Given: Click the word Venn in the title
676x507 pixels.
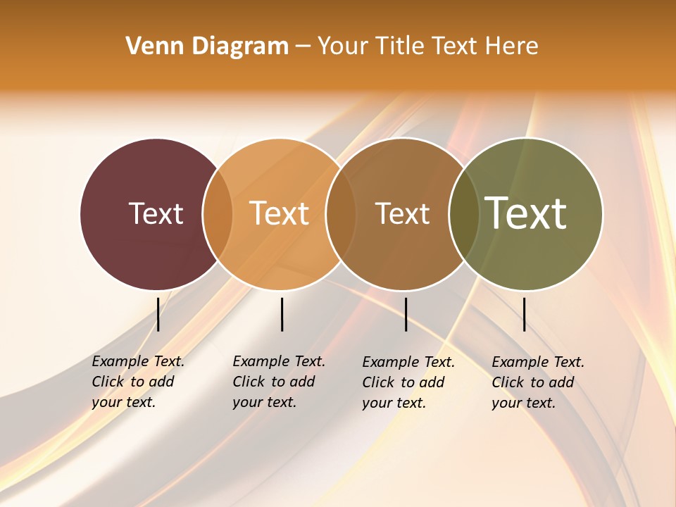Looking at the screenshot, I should (149, 46).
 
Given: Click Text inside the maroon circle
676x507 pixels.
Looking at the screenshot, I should (156, 213).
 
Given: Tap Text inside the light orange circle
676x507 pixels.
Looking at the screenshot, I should (280, 213).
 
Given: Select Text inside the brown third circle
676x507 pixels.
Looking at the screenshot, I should (402, 213).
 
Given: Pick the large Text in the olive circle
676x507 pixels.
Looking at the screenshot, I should (525, 213).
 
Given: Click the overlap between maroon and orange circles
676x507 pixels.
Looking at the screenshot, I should (218, 214).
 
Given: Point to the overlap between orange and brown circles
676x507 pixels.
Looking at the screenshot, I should (341, 214).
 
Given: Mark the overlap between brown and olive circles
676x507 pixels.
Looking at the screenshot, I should (463, 214).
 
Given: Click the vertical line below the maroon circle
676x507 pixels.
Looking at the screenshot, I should (158, 314).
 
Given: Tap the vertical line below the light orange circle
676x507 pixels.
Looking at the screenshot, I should (282, 314).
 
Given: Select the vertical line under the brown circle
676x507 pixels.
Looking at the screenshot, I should (406, 314).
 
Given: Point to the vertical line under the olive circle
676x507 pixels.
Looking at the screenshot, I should (524, 314).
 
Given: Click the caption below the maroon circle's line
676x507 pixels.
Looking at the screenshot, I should (138, 382).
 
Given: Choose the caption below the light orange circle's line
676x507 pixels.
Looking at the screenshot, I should (279, 382).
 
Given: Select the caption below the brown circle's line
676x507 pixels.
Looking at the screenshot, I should (408, 382).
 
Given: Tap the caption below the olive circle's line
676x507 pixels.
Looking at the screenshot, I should (538, 382).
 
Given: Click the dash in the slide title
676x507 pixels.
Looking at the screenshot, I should (303, 46).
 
